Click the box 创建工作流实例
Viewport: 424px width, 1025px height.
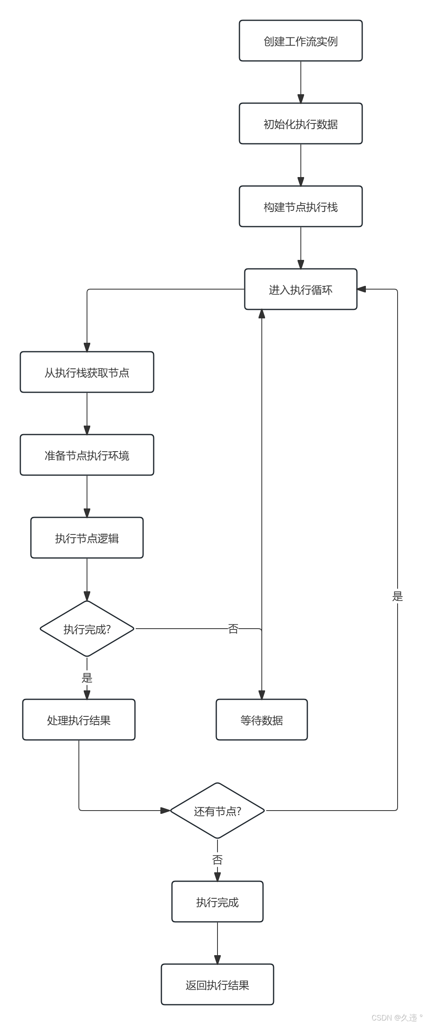click(300, 41)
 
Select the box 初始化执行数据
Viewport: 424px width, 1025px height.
click(300, 124)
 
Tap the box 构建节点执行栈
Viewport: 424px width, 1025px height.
click(300, 207)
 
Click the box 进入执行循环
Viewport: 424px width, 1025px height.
click(300, 290)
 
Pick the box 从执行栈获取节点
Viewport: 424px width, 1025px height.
click(87, 372)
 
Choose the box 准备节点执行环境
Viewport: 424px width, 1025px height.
click(87, 455)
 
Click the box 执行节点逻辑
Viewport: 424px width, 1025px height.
click(87, 538)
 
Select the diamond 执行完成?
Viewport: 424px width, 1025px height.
click(87, 629)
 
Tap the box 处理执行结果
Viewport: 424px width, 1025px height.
click(78, 720)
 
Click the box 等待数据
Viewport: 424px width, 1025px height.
click(261, 720)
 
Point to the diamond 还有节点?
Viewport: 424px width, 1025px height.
click(217, 811)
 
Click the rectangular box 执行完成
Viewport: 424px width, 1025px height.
click(217, 902)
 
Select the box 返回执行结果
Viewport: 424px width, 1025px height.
click(217, 985)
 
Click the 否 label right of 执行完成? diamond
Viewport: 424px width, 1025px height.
click(233, 629)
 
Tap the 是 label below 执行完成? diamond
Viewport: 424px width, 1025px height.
click(87, 677)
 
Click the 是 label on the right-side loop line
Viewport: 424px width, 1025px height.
click(397, 596)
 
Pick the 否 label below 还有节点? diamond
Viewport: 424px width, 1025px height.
click(217, 859)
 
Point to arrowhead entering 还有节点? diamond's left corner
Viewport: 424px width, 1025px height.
click(165, 811)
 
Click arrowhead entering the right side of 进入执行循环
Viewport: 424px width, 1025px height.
click(361, 289)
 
